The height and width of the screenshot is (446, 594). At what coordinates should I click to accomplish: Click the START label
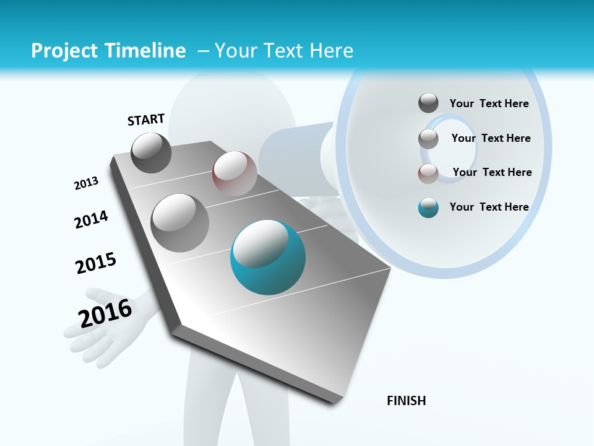[146, 120]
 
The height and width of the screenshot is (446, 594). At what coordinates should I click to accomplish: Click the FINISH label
[406, 401]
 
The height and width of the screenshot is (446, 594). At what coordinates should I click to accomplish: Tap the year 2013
[86, 183]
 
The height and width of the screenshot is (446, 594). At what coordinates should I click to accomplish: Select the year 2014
[91, 220]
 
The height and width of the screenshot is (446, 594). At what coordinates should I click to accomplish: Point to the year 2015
[96, 263]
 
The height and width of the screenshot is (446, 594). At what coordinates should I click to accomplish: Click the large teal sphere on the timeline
[268, 257]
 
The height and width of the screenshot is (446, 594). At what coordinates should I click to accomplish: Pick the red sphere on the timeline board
[235, 173]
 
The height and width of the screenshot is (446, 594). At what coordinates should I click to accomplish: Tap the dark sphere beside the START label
[151, 152]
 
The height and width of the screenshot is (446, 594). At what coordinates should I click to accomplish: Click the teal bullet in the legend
[428, 208]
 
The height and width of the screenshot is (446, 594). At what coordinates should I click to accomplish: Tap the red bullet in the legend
[428, 173]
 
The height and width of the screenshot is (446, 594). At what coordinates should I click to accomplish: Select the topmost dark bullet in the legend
[428, 103]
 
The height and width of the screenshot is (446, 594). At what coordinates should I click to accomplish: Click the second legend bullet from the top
[428, 139]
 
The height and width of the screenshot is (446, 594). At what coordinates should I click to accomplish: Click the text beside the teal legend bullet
[489, 207]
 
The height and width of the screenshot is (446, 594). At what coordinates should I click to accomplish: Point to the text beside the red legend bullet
[492, 172]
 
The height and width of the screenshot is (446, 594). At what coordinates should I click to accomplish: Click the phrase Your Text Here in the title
[284, 51]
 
